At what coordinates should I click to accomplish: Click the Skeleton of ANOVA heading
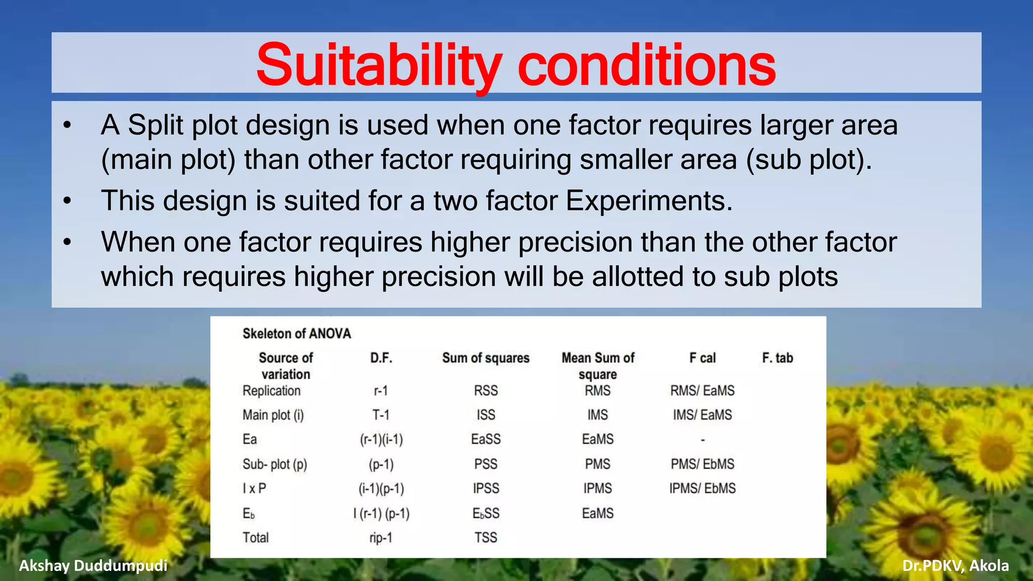[x=297, y=333]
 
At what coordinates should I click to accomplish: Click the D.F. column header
[x=381, y=358]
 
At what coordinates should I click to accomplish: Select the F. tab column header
[x=777, y=358]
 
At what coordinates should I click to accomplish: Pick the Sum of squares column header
[x=486, y=358]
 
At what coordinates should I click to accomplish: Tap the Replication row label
[x=271, y=391]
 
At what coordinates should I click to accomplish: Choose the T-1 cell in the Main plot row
[x=381, y=415]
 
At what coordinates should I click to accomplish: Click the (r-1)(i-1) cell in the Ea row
[x=381, y=440]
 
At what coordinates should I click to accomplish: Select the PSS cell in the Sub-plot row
[x=486, y=464]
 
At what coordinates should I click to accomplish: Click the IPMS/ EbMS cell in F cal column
[x=702, y=488]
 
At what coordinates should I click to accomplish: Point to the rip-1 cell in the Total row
[x=381, y=538]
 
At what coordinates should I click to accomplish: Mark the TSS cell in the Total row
[x=486, y=538]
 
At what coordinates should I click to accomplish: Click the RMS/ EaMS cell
[x=702, y=391]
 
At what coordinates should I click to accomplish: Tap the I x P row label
[x=254, y=488]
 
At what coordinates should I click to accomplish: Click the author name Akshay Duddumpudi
[x=93, y=566]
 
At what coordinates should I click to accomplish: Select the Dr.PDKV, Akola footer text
[x=955, y=566]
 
